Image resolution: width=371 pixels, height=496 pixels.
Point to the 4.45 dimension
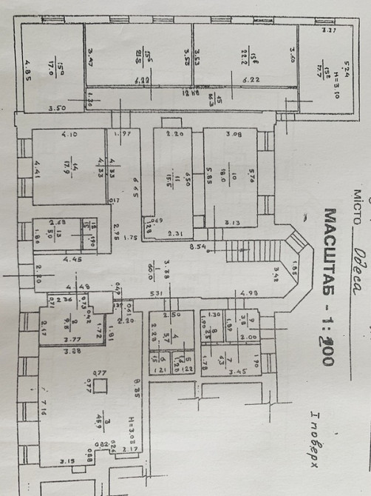click(71, 260)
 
